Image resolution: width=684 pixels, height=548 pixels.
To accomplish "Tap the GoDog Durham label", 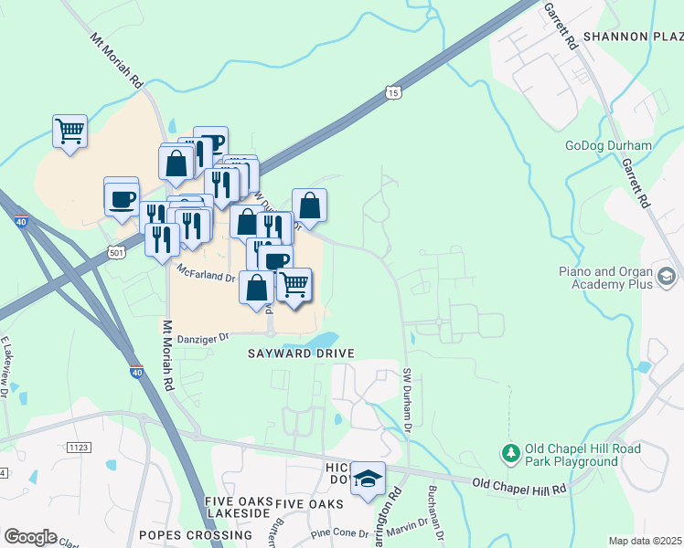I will [608, 145].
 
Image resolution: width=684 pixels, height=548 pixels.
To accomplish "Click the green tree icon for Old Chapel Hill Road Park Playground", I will [509, 453].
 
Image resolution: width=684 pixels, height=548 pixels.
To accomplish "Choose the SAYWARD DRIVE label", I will [299, 353].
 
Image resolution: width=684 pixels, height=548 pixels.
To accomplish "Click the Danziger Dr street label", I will [201, 337].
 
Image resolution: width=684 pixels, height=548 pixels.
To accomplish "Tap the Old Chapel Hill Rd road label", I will [519, 487].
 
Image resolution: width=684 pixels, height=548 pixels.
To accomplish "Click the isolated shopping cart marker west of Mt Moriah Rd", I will [69, 132].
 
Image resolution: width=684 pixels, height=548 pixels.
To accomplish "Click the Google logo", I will [30, 537].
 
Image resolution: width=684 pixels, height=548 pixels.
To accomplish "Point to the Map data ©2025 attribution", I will [645, 541].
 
